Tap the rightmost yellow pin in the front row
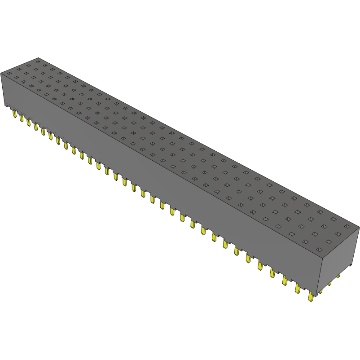pyautogui.click(x=311, y=297)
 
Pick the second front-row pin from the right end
pyautogui.click(x=297, y=289)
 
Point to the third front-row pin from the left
pyautogui.click(x=28, y=122)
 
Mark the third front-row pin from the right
pyautogui.click(x=285, y=281)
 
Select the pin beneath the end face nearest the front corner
pyautogui.click(x=320, y=291)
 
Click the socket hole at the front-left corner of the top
pyautogui.click(x=9, y=73)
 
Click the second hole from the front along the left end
pyautogui.click(x=17, y=78)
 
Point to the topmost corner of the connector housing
pyautogui.click(x=39, y=58)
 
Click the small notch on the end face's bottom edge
pyautogui.click(x=350, y=266)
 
